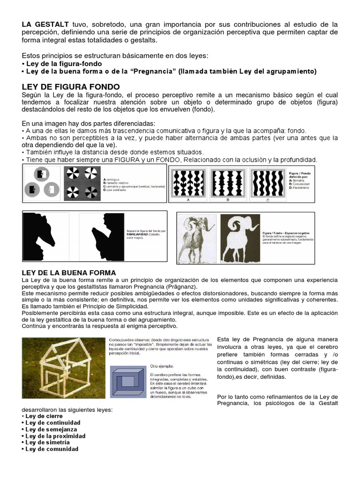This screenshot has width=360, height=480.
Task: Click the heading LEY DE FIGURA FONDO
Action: [x=71, y=87]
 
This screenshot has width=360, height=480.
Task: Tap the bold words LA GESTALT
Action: [x=45, y=24]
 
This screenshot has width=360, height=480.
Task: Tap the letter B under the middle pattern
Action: [x=228, y=199]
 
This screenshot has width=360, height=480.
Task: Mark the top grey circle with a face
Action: [x=42, y=174]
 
